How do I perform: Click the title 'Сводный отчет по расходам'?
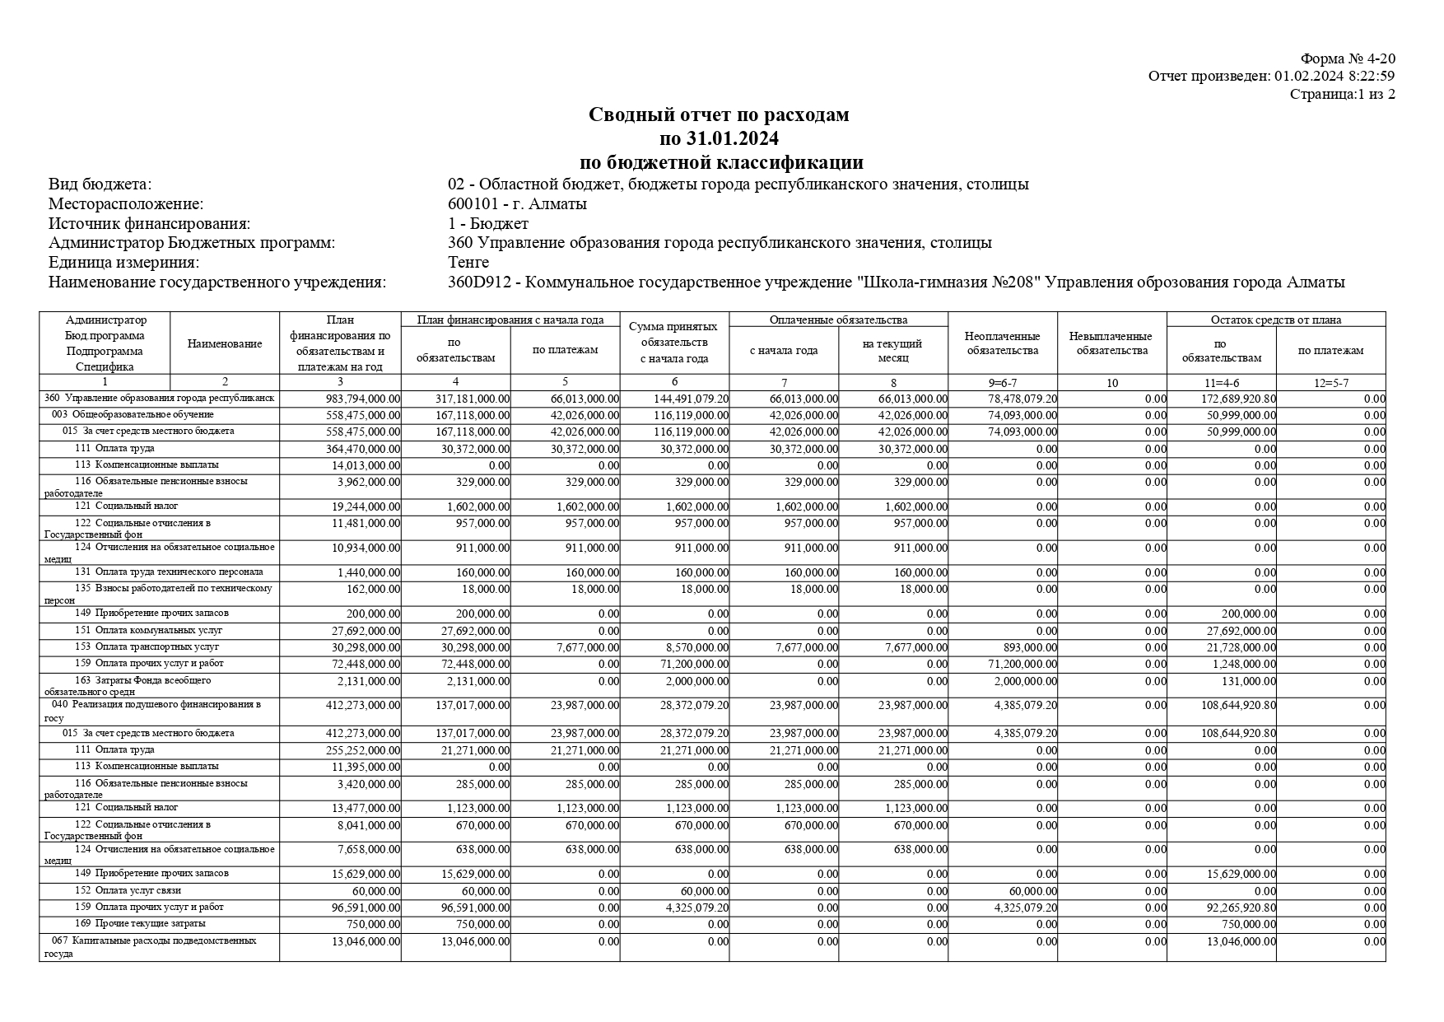pos(719,114)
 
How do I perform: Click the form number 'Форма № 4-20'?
pos(1347,58)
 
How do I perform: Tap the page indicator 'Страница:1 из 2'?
pos(1342,94)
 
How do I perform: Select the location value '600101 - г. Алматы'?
pos(517,203)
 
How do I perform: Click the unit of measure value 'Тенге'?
pos(468,262)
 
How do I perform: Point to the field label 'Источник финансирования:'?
pos(149,223)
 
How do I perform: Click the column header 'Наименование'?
pos(225,344)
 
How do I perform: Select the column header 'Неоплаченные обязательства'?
pos(1002,343)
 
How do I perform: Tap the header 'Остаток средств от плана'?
pos(1275,320)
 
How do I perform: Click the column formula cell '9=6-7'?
pos(1002,383)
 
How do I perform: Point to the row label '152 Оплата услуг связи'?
pos(128,890)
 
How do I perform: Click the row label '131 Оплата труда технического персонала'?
pos(169,572)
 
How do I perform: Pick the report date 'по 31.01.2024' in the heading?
pos(719,138)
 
